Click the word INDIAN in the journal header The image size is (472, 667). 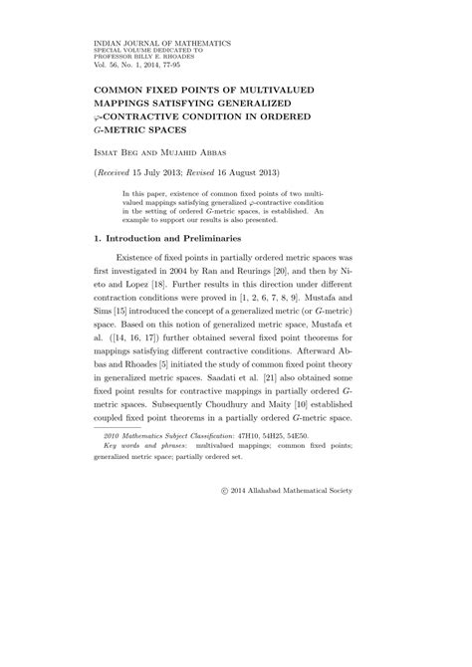(x=106, y=45)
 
